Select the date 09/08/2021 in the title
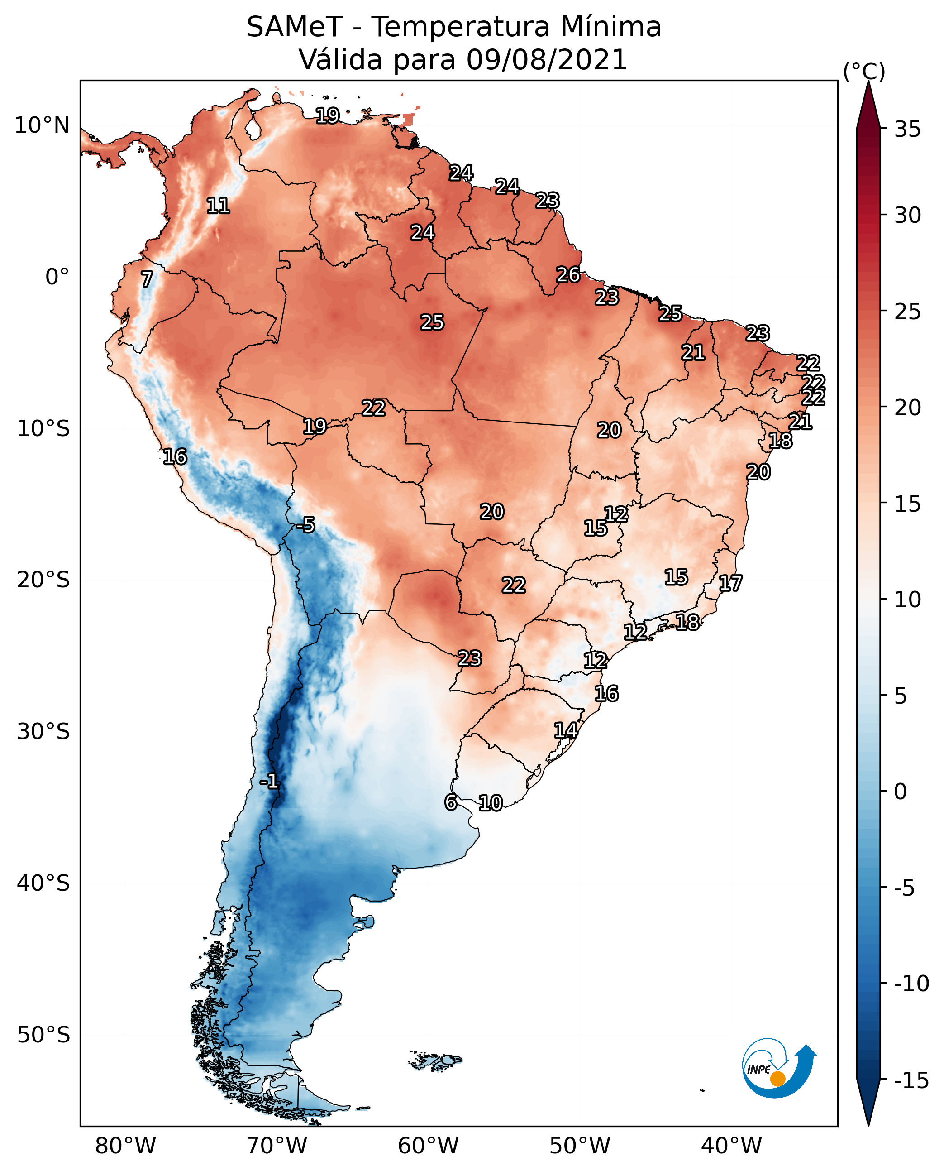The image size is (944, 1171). [x=547, y=60]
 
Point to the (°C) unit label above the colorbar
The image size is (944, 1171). [x=863, y=72]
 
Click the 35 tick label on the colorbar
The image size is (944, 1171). [x=907, y=130]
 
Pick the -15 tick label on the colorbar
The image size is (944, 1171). [x=911, y=1080]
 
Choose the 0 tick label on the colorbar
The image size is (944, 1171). [x=900, y=792]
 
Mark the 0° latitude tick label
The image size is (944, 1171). [x=57, y=277]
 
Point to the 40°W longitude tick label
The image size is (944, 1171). [x=731, y=1146]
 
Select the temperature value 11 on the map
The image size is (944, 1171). [x=218, y=206]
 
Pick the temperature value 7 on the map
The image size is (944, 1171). [x=147, y=279]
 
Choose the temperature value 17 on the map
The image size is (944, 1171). [x=730, y=583]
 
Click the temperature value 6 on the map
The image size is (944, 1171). [x=451, y=802]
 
